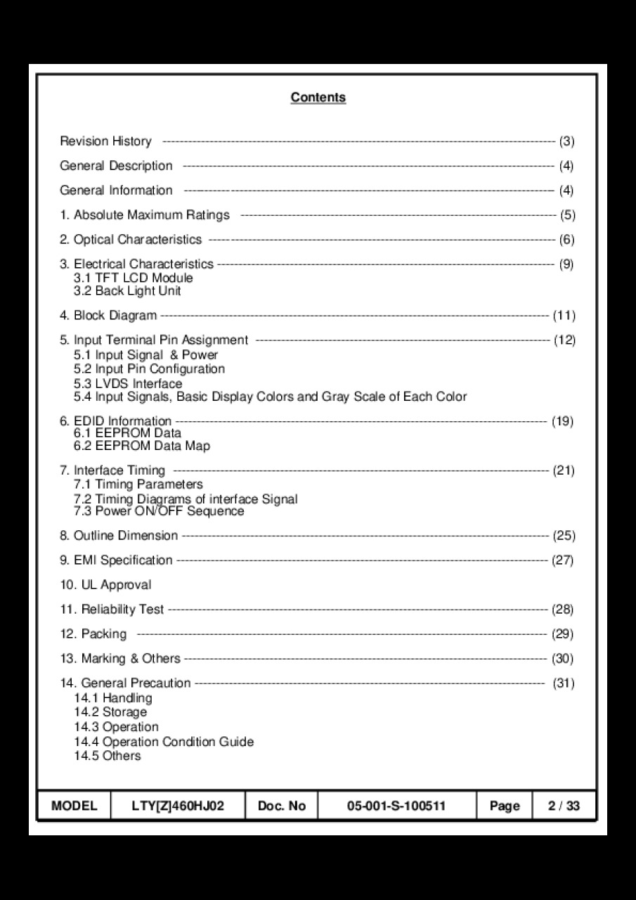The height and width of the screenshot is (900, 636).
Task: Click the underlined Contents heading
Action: tap(318, 97)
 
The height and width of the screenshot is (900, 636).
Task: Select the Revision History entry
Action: tap(105, 141)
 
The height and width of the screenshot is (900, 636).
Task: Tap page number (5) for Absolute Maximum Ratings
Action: tap(567, 215)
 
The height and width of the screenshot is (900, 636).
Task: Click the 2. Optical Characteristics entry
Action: tap(131, 240)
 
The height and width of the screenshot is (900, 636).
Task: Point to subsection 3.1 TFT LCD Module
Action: tap(133, 278)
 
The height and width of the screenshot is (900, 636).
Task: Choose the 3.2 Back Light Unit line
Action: tap(127, 290)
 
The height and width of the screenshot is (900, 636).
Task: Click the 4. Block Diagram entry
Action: tap(108, 316)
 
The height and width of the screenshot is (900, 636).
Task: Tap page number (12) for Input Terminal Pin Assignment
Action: tap(564, 340)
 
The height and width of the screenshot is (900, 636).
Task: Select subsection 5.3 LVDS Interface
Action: tap(128, 383)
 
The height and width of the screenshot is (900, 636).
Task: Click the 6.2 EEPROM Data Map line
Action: tap(141, 446)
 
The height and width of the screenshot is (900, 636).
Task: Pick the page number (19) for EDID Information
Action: tap(563, 422)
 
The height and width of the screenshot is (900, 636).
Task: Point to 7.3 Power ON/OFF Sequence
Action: tap(159, 511)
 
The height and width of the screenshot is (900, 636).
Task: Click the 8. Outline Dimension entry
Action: tap(119, 536)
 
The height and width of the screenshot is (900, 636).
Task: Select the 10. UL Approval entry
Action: tap(105, 585)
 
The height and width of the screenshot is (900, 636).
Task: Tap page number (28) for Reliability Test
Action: tap(563, 610)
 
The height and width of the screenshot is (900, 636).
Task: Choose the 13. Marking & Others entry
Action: tap(120, 659)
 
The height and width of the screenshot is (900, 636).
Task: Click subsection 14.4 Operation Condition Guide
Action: tap(164, 742)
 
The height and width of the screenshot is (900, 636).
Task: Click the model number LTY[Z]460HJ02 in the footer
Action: tap(178, 806)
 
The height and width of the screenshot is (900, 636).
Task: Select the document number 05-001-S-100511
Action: tap(396, 806)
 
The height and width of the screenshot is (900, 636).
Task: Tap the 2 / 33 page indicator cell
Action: tap(564, 806)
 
